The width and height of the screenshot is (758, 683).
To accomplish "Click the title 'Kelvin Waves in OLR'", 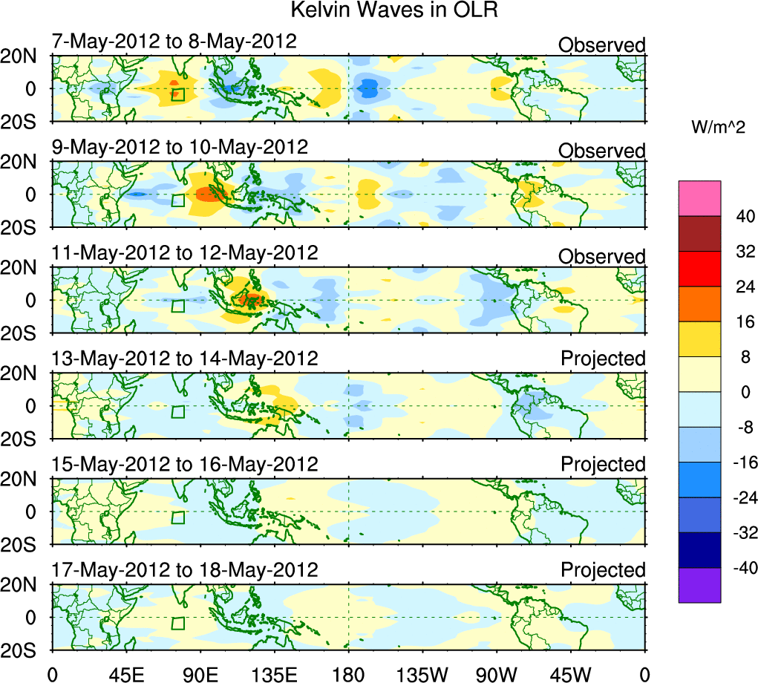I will (x=393, y=10).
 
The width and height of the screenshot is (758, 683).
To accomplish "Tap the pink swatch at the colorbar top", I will (x=699, y=198).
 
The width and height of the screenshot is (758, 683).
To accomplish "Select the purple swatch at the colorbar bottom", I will (x=699, y=585).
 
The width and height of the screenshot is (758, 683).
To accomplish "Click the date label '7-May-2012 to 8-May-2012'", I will (x=174, y=42).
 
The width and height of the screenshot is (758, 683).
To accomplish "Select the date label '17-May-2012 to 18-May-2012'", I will (x=185, y=570).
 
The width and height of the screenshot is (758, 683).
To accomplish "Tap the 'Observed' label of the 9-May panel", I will (x=602, y=151).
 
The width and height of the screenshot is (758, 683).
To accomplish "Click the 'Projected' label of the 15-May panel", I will (x=603, y=465).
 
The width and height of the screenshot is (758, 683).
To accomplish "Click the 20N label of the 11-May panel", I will (x=24, y=268).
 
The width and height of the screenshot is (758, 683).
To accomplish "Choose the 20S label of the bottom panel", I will (x=24, y=650).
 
